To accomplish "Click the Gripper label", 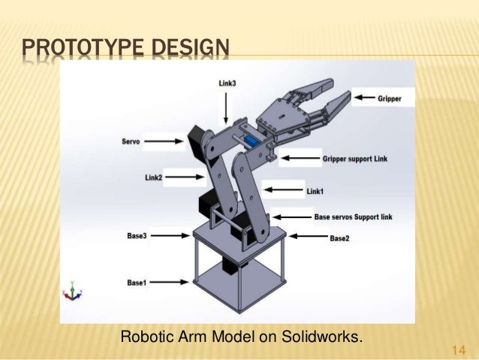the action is point(389,98).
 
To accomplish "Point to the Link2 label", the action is point(154,177).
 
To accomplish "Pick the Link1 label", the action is point(316,191).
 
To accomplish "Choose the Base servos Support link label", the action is point(354,216).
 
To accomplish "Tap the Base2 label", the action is point(340,238).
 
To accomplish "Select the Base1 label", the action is point(137,283).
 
